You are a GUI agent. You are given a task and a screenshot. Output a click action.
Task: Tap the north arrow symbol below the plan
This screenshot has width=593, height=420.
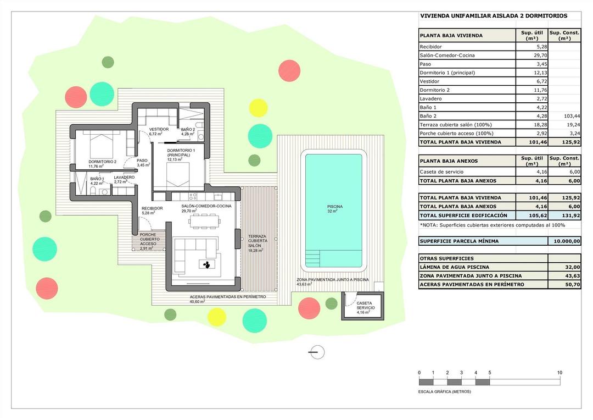pos(316,352)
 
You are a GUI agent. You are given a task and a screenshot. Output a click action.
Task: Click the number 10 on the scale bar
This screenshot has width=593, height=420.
pos(559,373)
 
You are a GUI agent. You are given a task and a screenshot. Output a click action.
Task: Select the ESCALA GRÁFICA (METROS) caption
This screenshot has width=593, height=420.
pos(445,392)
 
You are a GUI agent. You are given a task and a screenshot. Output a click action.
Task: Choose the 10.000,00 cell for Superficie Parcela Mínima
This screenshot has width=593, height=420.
pos(564,241)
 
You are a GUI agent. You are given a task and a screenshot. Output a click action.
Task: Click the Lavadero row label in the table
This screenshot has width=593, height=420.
pos(431,98)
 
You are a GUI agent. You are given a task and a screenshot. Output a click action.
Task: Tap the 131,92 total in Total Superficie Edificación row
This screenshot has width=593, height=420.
pos(564,215)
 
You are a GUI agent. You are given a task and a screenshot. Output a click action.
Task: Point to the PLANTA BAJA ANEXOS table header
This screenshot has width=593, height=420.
pos(449,162)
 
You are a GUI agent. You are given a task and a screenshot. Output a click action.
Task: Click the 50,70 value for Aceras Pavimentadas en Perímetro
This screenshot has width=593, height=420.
pos(564,284)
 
